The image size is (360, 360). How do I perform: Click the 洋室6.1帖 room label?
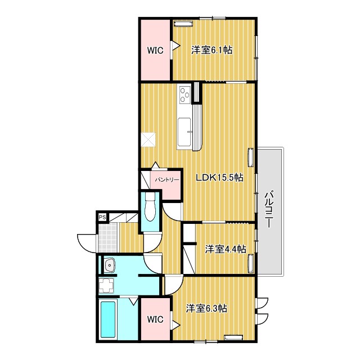[x=212, y=50]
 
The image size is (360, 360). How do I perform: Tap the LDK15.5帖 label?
[x=219, y=177]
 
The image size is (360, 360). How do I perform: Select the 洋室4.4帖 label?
[x=226, y=249]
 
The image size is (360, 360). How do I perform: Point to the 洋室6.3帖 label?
[x=206, y=308]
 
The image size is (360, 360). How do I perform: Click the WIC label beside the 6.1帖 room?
[x=155, y=50]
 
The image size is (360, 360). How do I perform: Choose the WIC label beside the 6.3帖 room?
[x=155, y=319]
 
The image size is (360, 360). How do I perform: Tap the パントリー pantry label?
[x=167, y=180]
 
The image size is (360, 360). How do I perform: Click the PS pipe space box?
[x=102, y=217]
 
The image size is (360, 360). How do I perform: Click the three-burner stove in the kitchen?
[x=185, y=94]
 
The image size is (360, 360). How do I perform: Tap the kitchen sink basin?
[x=184, y=132]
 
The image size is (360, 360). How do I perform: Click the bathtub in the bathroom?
[x=108, y=319]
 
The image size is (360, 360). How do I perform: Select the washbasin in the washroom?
[x=110, y=265]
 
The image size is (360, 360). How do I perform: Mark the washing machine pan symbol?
[x=106, y=286]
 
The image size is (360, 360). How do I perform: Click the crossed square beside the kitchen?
[x=148, y=139]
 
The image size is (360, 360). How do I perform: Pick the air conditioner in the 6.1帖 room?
[x=183, y=24]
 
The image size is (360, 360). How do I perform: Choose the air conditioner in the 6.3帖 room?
[x=233, y=337]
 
